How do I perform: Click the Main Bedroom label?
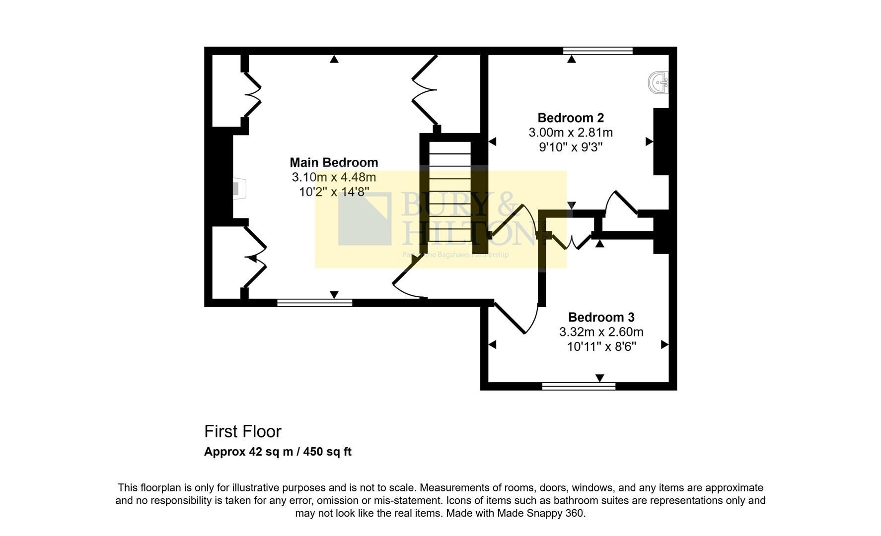334,162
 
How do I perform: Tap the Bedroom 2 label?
571,118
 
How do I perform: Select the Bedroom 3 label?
601,317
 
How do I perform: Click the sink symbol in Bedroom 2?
659,82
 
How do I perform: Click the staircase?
449,194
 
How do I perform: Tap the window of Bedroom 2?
598,51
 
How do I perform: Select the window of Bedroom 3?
579,386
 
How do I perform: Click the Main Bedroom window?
314,303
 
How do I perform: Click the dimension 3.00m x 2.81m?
571,133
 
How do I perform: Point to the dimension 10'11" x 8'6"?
601,346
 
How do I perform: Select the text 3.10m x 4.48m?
334,177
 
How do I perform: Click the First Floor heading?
242,431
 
